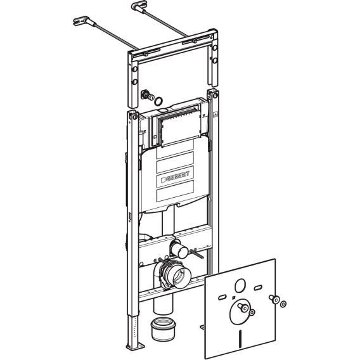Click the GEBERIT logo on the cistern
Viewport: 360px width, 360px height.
175,177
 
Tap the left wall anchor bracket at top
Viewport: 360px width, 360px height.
81,20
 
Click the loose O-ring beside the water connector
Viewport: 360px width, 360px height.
158,101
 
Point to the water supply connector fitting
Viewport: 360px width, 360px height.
148,95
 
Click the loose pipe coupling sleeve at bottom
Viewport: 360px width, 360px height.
163,329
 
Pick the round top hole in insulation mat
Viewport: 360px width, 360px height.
240,286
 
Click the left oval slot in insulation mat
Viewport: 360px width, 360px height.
222,298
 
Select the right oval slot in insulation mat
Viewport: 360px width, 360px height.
259,288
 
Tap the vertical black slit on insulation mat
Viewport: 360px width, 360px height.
240,337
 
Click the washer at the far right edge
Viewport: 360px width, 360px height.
283,304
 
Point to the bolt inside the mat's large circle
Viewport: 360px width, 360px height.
243,307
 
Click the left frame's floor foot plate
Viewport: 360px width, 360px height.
136,346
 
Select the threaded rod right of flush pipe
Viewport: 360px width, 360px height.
196,253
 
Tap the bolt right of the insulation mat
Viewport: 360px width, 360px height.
274,299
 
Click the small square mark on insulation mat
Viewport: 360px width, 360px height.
233,299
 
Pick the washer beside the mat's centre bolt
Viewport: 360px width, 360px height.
252,312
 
